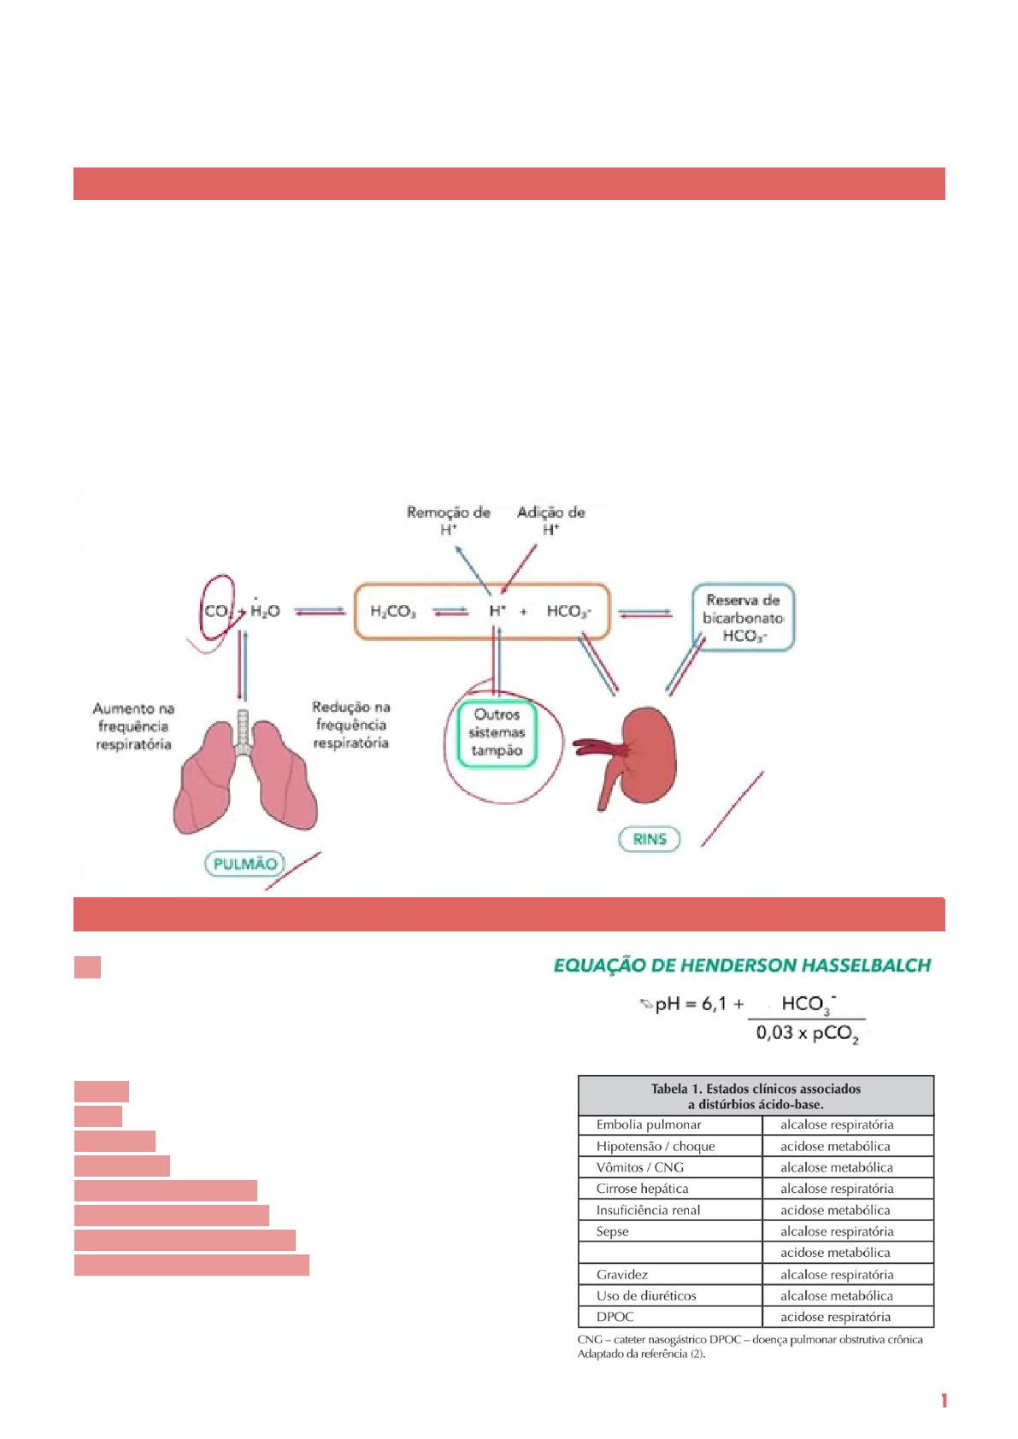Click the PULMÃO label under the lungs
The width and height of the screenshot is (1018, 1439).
244,864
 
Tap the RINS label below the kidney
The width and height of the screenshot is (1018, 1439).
650,839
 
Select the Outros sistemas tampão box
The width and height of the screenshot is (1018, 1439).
497,733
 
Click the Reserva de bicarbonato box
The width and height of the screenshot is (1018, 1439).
743,618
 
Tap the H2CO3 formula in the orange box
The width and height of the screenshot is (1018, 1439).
393,611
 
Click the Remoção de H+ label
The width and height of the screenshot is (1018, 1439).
449,520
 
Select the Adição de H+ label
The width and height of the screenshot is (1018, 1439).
551,520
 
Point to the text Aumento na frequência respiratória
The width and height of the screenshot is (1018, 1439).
133,726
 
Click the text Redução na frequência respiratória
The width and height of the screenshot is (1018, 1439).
350,725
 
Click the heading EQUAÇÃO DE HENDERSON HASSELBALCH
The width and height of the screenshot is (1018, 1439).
742,966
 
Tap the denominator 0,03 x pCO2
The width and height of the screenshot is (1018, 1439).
807,1033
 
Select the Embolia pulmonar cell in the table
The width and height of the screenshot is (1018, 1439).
649,1125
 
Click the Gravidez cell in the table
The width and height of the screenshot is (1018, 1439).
622,1274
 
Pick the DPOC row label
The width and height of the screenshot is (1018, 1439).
615,1317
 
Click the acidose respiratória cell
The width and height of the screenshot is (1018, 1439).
835,1317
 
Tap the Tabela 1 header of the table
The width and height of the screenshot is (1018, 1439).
756,1095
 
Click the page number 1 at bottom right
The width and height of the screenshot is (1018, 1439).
944,1401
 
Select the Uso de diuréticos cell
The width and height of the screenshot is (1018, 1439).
646,1295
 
